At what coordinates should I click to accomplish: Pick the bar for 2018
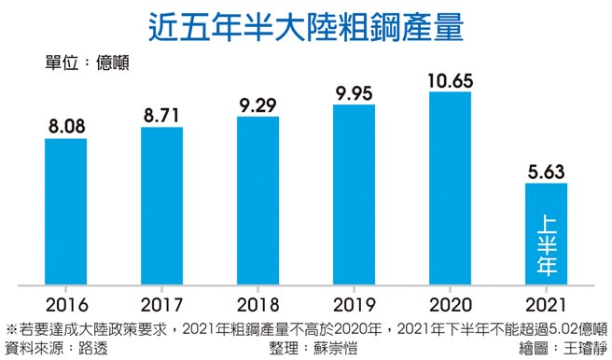[x=257, y=200]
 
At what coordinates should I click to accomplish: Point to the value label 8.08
[x=65, y=125]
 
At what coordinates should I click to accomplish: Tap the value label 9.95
[x=354, y=90]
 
